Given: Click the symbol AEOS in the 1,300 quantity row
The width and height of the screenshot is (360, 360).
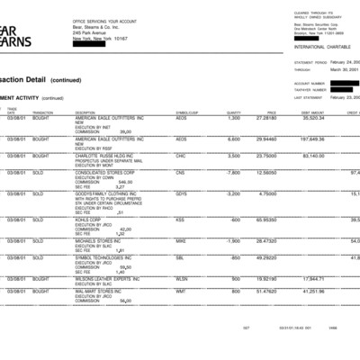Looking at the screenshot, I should pyautogui.click(x=181, y=118).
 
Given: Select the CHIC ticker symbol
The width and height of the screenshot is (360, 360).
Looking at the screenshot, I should pyautogui.click(x=181, y=155).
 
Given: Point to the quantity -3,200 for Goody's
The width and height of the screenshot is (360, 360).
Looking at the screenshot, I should pyautogui.click(x=232, y=193).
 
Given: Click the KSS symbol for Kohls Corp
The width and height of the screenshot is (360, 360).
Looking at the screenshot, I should pyautogui.click(x=180, y=219).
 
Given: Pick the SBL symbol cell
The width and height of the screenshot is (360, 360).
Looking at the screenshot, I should pyautogui.click(x=180, y=257).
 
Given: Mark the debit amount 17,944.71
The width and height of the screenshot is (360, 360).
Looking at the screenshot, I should pyautogui.click(x=312, y=279).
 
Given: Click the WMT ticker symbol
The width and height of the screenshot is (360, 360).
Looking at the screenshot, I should pyautogui.click(x=181, y=292).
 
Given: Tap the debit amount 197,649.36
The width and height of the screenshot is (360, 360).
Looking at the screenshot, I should pyautogui.click(x=311, y=139).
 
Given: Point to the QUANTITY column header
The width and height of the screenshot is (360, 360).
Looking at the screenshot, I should pyautogui.click(x=233, y=112).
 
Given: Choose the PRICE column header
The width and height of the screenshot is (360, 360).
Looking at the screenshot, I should pyautogui.click(x=270, y=112).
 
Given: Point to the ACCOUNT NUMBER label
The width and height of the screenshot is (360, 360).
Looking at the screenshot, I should pyautogui.click(x=310, y=82).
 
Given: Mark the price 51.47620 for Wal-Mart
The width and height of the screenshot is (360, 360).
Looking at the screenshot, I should pyautogui.click(x=266, y=292).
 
